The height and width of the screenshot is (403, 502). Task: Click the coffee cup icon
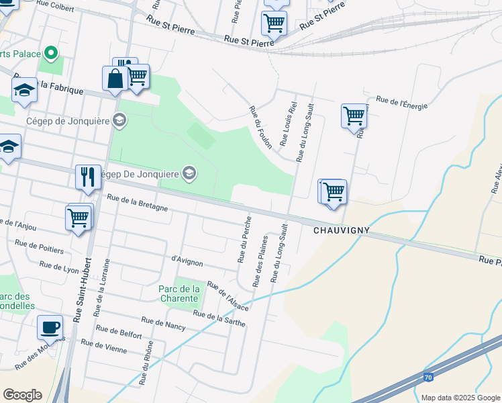pyautogui.click(x=50, y=328)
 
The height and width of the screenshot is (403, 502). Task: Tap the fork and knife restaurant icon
pyautogui.click(x=88, y=177)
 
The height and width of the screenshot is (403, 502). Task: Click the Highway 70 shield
pyautogui.click(x=428, y=378)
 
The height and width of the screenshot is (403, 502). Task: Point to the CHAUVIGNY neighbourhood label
pyautogui.click(x=342, y=230)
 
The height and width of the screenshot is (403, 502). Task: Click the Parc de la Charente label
pyautogui.click(x=179, y=293)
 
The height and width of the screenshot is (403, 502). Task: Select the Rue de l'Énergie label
pyautogui.click(x=401, y=102)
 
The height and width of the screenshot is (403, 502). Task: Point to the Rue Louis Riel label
pyautogui.click(x=289, y=124)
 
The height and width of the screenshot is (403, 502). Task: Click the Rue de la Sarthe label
pyautogui.click(x=219, y=318)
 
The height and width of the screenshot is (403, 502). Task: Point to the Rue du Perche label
pyautogui.click(x=244, y=238)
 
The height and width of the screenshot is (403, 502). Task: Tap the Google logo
pyautogui.click(x=22, y=395)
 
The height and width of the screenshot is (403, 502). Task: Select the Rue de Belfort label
pyautogui.click(x=119, y=332)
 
